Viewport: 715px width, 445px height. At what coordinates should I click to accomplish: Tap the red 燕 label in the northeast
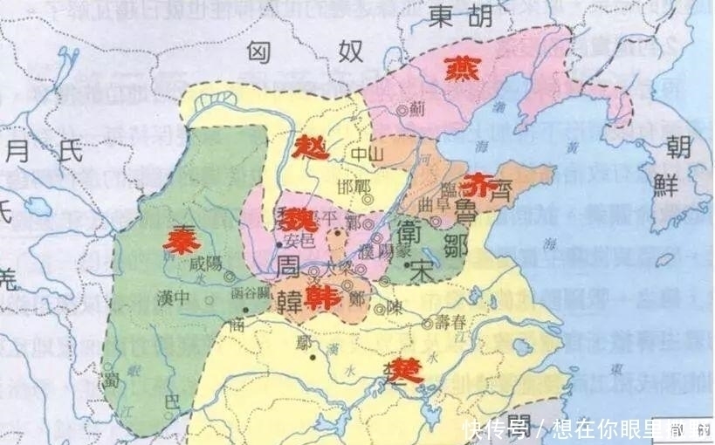tap(460, 69)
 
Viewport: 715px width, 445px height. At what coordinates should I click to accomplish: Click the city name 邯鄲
tap(354, 188)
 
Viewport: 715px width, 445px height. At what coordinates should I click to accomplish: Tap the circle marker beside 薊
tap(402, 111)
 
